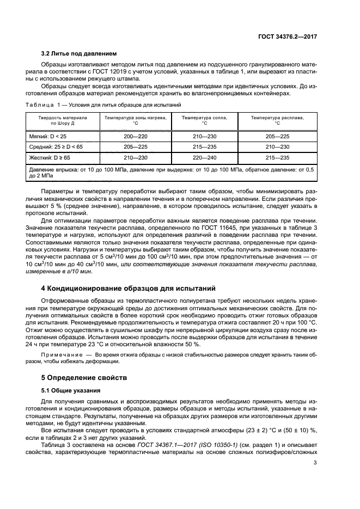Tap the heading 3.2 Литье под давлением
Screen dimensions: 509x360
click(79, 54)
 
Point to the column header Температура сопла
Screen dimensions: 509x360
click(204, 118)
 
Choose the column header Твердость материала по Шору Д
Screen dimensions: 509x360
click(62, 120)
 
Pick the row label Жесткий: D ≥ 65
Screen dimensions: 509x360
click(50, 158)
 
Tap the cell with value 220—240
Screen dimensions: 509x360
click(204, 158)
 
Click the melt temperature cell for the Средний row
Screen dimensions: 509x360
click(277, 147)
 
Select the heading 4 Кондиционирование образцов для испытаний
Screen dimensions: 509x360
click(129, 288)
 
